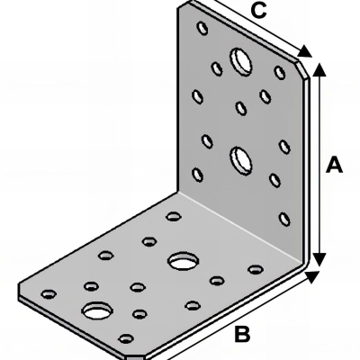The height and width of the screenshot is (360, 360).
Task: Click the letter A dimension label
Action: [x=334, y=164]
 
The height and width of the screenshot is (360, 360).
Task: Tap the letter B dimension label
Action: [x=242, y=334]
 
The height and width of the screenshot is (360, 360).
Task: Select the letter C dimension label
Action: [x=258, y=10]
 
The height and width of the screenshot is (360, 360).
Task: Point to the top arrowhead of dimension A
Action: [x=319, y=70]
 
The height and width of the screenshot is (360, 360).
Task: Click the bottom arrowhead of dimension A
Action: [x=319, y=259]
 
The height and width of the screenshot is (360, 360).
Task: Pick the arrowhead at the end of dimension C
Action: [x=305, y=51]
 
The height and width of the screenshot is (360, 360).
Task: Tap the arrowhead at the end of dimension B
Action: [x=312, y=276]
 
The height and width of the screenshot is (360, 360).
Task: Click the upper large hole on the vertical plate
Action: [x=241, y=61]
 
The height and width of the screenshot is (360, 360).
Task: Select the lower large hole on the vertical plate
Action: [x=241, y=160]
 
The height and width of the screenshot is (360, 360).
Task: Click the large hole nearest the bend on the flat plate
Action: [x=183, y=260]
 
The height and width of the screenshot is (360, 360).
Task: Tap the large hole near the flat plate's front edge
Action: [x=97, y=310]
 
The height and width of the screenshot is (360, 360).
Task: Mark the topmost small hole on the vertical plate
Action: [x=202, y=28]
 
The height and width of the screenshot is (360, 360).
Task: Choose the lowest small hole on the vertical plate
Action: [x=284, y=219]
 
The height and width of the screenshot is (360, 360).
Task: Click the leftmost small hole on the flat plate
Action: [x=49, y=294]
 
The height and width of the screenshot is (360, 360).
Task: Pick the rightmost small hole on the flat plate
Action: [x=256, y=269]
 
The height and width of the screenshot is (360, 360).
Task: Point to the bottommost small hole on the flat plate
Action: [x=126, y=338]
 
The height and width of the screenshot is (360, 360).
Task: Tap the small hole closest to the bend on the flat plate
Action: [x=174, y=216]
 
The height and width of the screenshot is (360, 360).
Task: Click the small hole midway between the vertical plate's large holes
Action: [x=241, y=108]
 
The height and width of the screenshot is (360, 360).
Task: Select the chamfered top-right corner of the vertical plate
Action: [x=302, y=69]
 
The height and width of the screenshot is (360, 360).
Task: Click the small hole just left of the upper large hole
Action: [x=217, y=68]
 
